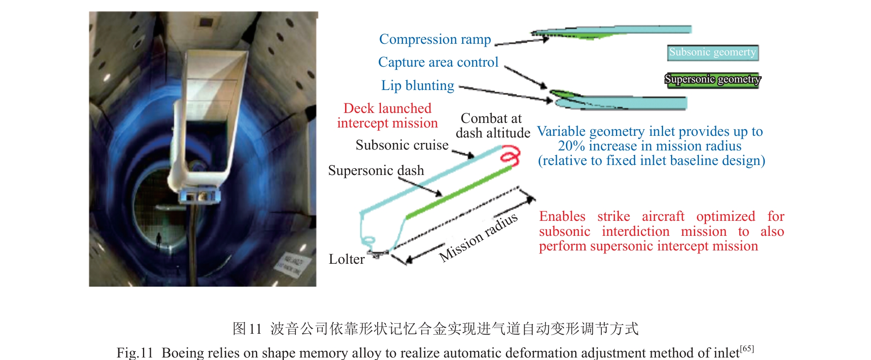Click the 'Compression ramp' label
coord(435,39)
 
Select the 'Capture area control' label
coord(438,62)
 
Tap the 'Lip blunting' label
coord(418,85)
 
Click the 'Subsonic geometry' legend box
coord(713,52)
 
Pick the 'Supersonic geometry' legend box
coord(712,79)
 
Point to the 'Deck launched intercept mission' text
coord(387,116)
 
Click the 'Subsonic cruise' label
coord(402,145)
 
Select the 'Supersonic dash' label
coord(376,170)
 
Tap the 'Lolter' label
coord(346,259)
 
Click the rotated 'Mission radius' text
coord(478,237)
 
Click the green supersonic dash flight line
coord(458,192)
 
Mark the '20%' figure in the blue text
coord(571,146)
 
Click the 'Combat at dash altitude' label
coord(493,125)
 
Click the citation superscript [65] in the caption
coord(747,349)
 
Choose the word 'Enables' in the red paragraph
coord(562,217)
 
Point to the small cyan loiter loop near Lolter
coord(369,240)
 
